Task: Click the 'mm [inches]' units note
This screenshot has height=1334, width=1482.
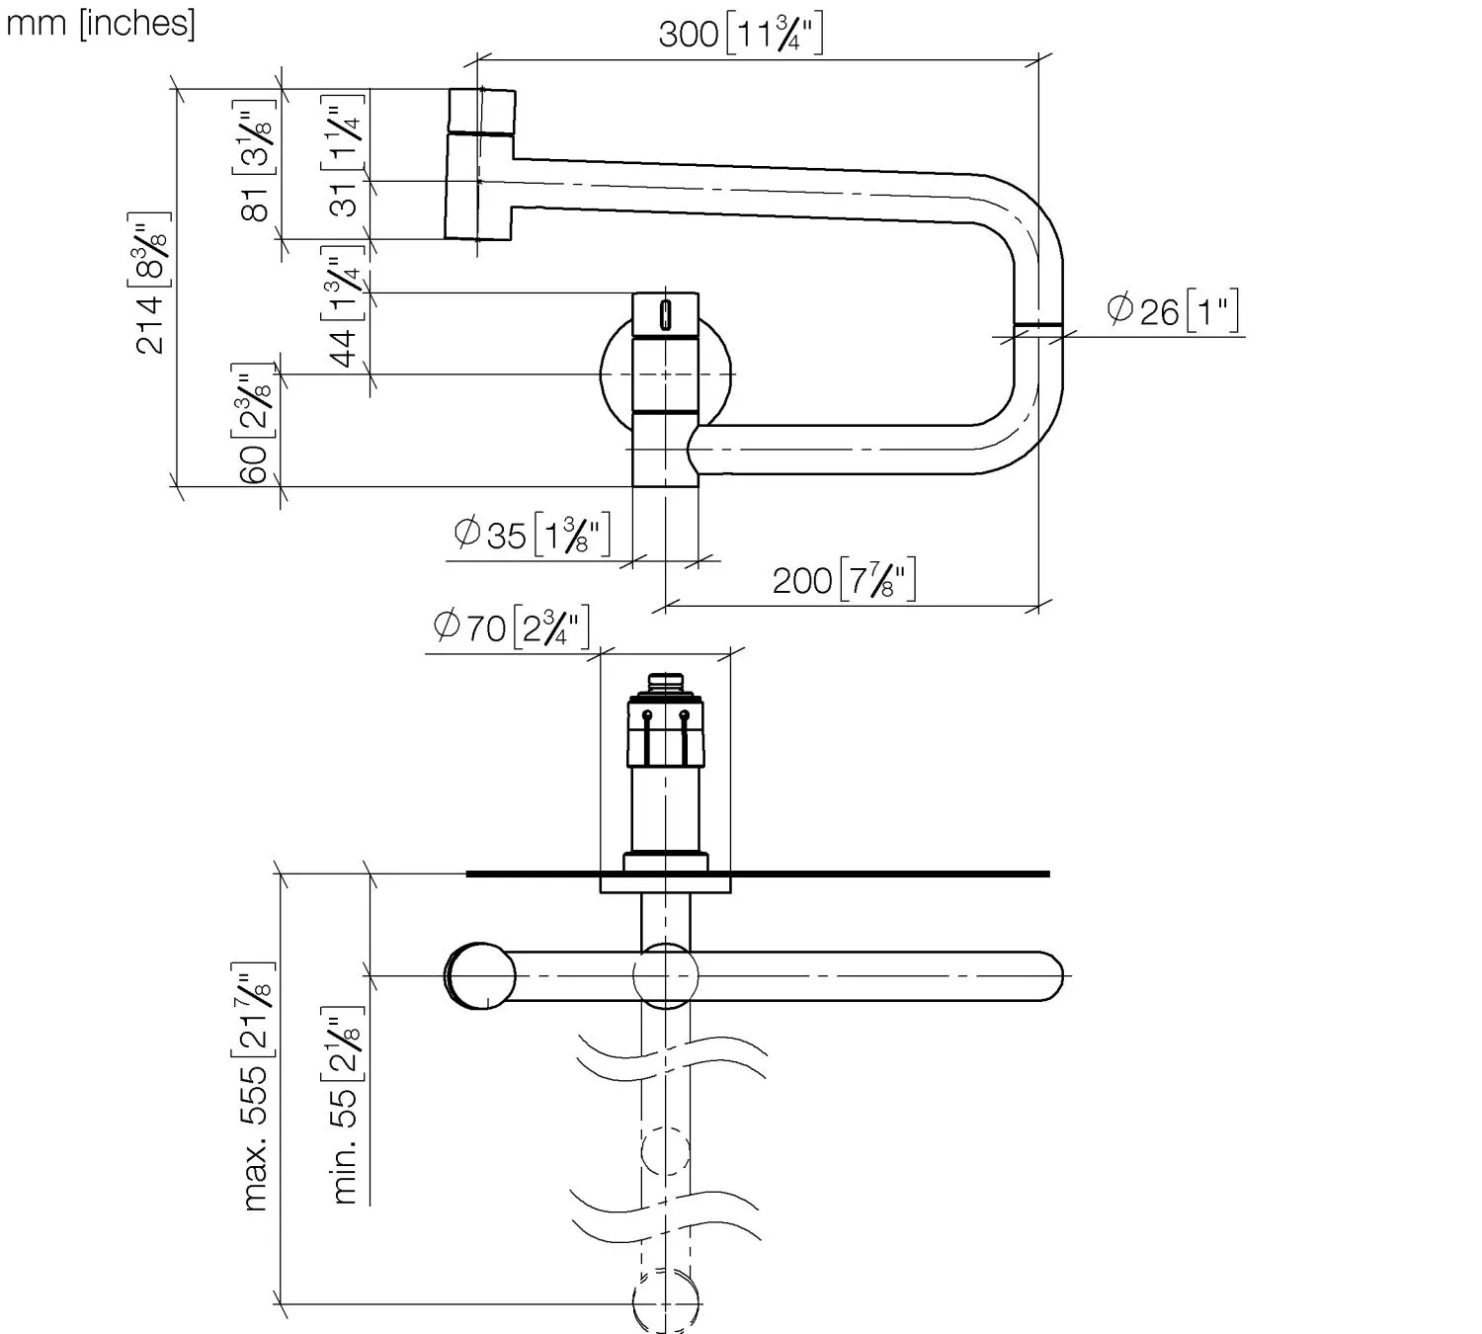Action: pyautogui.click(x=101, y=23)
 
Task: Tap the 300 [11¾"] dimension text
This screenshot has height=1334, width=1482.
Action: pyautogui.click(x=740, y=34)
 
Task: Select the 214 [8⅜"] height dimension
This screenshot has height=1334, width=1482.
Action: pyautogui.click(x=149, y=283)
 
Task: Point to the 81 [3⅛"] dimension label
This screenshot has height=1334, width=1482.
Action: pyautogui.click(x=255, y=160)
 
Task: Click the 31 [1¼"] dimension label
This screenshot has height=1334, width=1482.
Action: pyautogui.click(x=344, y=156)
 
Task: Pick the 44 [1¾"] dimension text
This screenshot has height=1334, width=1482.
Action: pyautogui.click(x=344, y=306)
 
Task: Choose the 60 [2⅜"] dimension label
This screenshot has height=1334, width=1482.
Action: pyautogui.click(x=255, y=424)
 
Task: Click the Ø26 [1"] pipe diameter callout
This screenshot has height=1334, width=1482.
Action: pyautogui.click(x=1173, y=310)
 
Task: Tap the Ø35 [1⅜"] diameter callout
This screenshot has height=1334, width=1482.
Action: pyautogui.click(x=533, y=534)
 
